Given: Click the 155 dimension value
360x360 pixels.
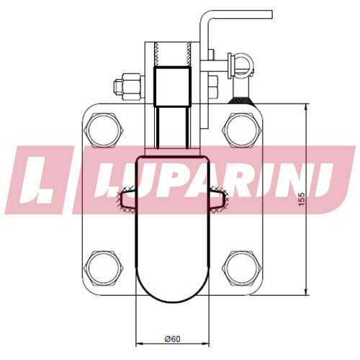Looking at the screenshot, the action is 301,199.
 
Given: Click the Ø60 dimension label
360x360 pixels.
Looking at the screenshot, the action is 172,339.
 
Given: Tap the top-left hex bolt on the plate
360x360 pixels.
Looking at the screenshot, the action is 104,130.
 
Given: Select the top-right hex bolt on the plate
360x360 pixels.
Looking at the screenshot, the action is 242,130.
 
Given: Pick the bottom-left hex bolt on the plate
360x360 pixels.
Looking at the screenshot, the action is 104,268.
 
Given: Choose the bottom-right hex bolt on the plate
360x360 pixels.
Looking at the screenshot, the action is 242,268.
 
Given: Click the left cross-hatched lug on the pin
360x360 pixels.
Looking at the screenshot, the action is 126,199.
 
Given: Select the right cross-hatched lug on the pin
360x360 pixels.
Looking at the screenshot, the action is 218,199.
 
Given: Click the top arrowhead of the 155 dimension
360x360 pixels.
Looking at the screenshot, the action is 306,107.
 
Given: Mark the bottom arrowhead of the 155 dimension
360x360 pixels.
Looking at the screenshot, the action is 306,292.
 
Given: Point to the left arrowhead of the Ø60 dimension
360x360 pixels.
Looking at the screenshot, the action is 140,344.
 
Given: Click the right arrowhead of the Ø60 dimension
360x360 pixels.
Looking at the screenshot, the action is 205,344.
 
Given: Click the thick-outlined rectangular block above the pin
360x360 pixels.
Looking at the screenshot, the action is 172,86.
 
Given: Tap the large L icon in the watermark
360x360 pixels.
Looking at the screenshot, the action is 40,179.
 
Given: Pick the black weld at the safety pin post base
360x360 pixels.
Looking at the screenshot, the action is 241,101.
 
